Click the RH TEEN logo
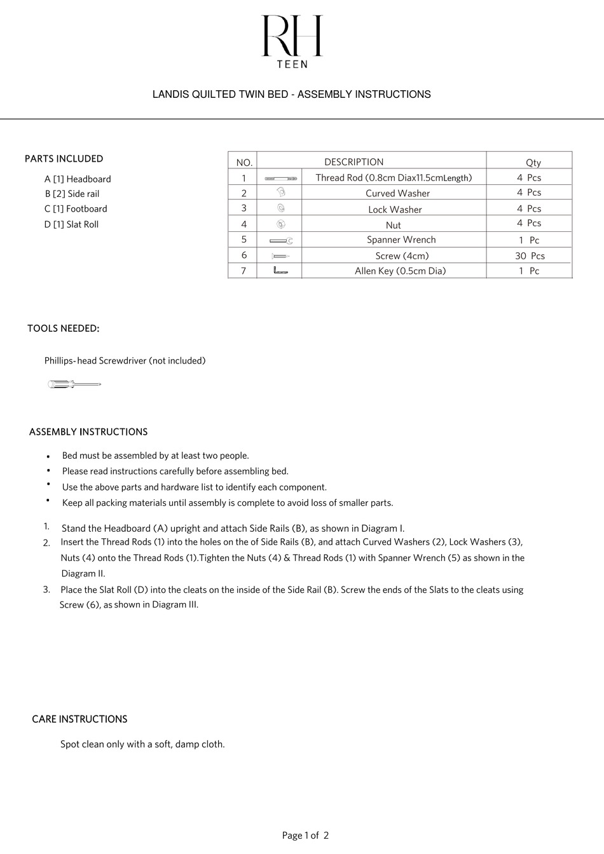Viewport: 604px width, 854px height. [x=292, y=41]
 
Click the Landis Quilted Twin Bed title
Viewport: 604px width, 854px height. [x=291, y=95]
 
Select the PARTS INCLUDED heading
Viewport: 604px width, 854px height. [x=64, y=159]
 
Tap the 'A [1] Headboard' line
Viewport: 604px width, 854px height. [x=78, y=179]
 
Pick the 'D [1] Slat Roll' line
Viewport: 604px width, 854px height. [x=71, y=224]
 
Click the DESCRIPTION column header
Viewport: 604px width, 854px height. [x=353, y=162]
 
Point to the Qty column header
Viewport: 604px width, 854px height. [x=533, y=163]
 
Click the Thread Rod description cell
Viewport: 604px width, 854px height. [x=394, y=178]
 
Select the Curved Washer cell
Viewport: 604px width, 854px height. [x=397, y=193]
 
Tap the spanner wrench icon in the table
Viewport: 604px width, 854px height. [x=280, y=241]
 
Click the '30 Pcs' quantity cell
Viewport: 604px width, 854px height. [x=530, y=256]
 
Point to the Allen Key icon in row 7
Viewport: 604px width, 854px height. [x=280, y=271]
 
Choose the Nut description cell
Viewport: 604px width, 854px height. [x=393, y=225]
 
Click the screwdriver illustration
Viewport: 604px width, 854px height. [x=74, y=384]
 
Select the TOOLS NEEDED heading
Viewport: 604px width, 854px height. [x=63, y=329]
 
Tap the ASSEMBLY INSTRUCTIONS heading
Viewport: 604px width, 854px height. [x=88, y=432]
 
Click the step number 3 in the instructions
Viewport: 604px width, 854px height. [x=46, y=590]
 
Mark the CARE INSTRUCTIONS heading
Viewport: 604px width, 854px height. [x=79, y=719]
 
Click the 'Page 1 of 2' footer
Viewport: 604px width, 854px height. [x=305, y=836]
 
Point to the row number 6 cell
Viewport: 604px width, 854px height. [x=244, y=255]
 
